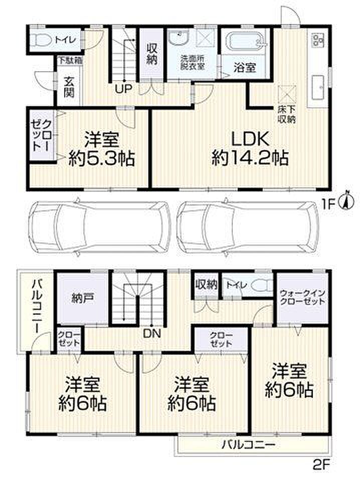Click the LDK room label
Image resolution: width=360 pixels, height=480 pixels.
tap(250, 139)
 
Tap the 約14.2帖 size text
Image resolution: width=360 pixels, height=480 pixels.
tap(250, 159)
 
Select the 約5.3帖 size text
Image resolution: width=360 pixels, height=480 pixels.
tap(102, 159)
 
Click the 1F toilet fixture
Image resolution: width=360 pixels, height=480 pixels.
tap(42, 40)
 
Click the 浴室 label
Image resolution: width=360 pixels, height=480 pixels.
tap(245, 67)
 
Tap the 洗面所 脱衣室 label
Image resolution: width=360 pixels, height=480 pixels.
tap(193, 63)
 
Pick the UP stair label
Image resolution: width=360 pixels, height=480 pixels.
tap(123, 89)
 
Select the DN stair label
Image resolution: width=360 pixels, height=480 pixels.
tap(152, 333)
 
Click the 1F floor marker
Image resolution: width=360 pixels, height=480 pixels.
tap(328, 203)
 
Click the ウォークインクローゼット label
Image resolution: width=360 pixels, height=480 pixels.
tap(302, 297)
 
